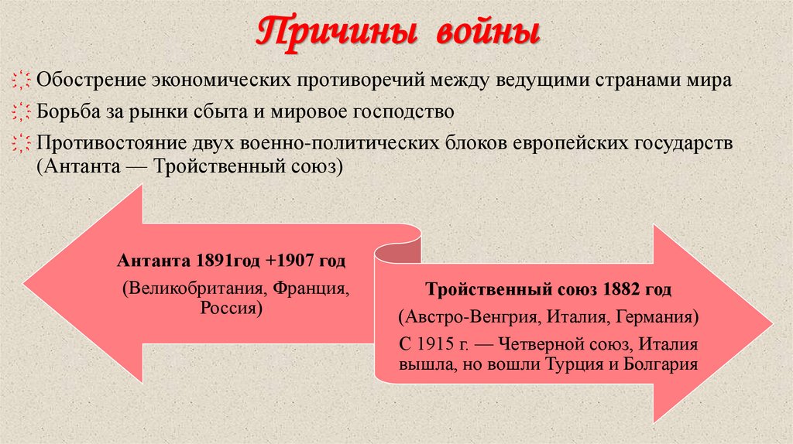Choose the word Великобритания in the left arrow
pyautogui.click(x=189, y=289)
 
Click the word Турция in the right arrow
pyautogui.click(x=577, y=364)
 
